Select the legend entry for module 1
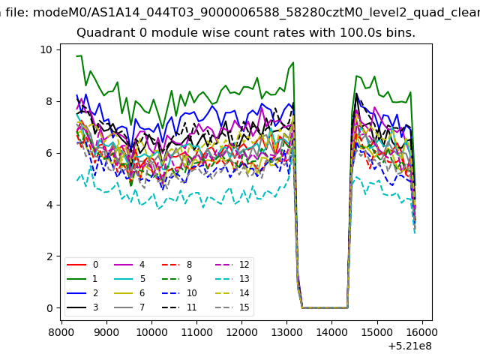[82, 279]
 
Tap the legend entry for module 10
[179, 293]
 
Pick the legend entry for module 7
[130, 307]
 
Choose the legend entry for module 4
[130, 265]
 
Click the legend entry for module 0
[82, 265]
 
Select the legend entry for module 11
[179, 307]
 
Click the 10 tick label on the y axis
[46, 49]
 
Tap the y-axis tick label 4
[49, 205]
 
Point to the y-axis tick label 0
[49, 308]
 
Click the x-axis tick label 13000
[286, 332]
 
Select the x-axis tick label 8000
[61, 332]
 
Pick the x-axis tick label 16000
[422, 332]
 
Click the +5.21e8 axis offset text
[410, 346]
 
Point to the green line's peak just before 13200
[293, 62]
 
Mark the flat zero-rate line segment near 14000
[325, 307]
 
